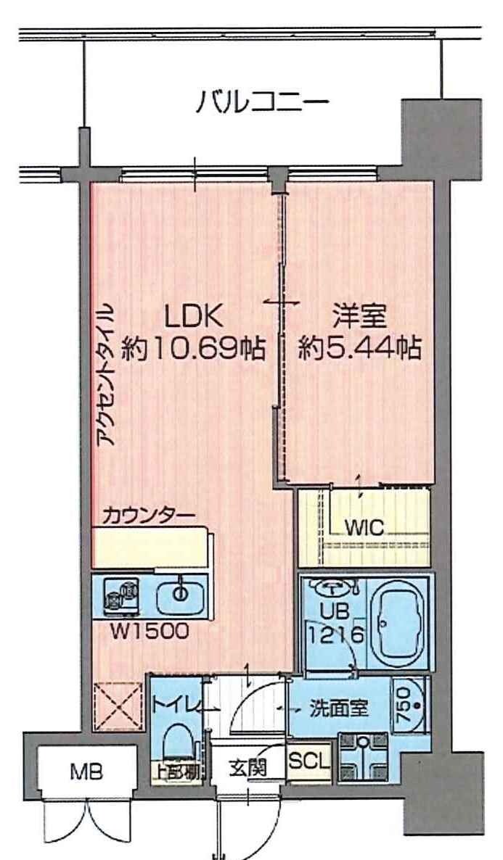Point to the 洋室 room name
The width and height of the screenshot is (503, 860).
click(x=361, y=317)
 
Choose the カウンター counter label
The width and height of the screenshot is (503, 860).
click(x=148, y=516)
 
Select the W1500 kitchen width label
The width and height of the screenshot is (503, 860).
click(x=150, y=631)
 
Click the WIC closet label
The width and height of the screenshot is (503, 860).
click(x=364, y=527)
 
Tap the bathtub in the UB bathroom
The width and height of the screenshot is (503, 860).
click(x=397, y=625)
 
